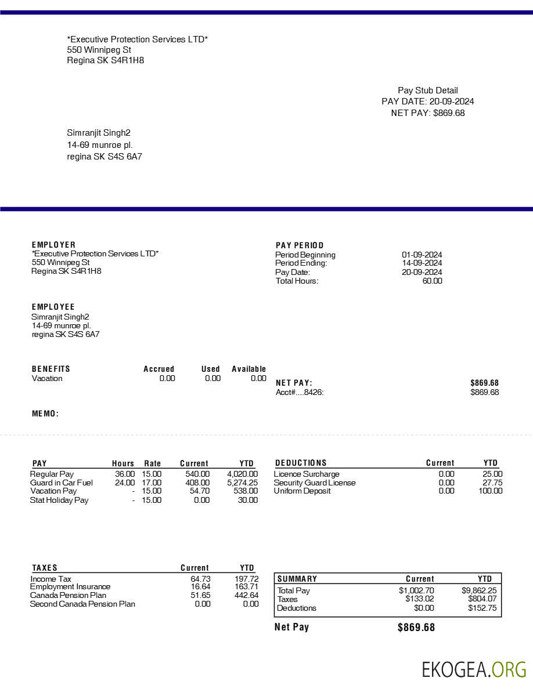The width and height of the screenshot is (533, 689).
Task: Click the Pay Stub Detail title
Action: pos(427,90)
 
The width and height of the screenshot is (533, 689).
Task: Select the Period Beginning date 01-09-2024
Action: pos(422,255)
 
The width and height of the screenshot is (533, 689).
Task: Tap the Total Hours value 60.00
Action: pos(432,281)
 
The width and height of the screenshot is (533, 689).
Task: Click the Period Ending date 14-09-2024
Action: pos(422,263)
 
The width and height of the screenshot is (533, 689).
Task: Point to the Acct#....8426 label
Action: pos(300,393)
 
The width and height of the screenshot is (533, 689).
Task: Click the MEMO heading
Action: pos(45,414)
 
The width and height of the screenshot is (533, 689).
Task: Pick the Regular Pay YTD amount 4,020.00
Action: pos(242,474)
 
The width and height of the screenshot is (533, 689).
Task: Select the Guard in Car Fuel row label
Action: pos(61,483)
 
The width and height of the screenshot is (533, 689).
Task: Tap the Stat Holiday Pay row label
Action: pos(59,500)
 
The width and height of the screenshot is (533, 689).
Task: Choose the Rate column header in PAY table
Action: pos(153,463)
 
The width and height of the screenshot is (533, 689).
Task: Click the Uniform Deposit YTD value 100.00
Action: pos(491,491)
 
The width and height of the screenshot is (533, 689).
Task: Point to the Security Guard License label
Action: pos(315,483)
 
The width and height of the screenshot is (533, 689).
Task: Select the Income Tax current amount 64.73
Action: pos(200,579)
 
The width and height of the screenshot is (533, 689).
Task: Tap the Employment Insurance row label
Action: pos(70,587)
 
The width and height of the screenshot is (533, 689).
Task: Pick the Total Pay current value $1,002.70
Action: pos(416,591)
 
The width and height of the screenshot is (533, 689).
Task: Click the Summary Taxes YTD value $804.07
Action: pos(482,600)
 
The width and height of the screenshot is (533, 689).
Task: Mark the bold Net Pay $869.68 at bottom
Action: pos(416,628)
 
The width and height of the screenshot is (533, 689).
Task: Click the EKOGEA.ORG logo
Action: pos(474,669)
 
